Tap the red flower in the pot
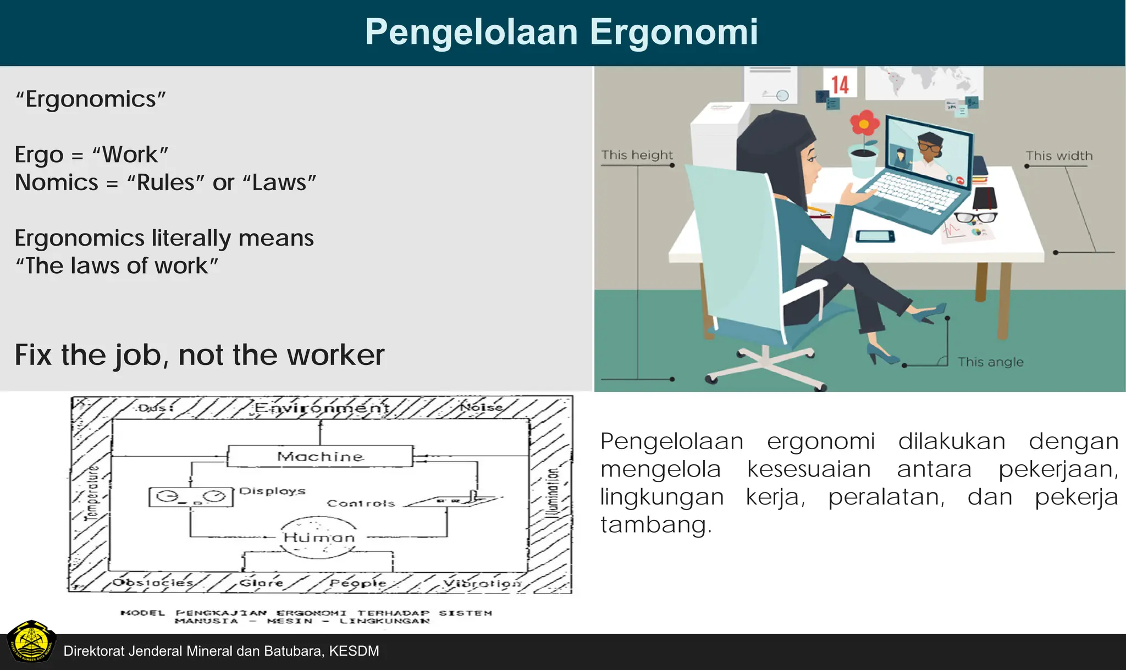(x=864, y=124)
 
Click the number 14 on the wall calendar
(x=840, y=85)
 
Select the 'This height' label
(x=637, y=155)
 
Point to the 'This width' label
(x=1059, y=156)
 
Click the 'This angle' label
(x=990, y=362)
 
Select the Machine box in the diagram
(x=320, y=456)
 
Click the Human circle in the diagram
(x=319, y=537)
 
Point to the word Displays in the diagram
(x=272, y=491)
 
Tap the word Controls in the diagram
(x=361, y=503)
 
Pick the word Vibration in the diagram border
(x=482, y=583)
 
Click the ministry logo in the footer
(x=31, y=642)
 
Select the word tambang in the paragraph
(x=655, y=524)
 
